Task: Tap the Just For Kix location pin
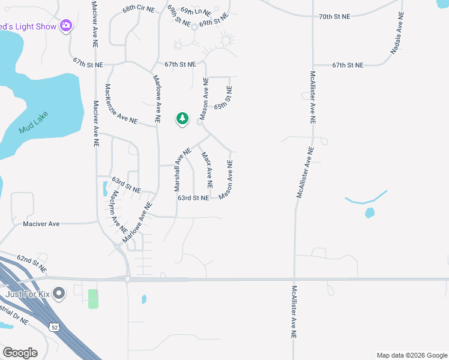59,293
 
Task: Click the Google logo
20,353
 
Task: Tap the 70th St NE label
334,17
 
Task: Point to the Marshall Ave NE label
182,169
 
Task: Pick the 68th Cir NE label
138,10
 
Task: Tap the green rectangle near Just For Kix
93,299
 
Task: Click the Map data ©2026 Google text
411,355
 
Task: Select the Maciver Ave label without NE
41,224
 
